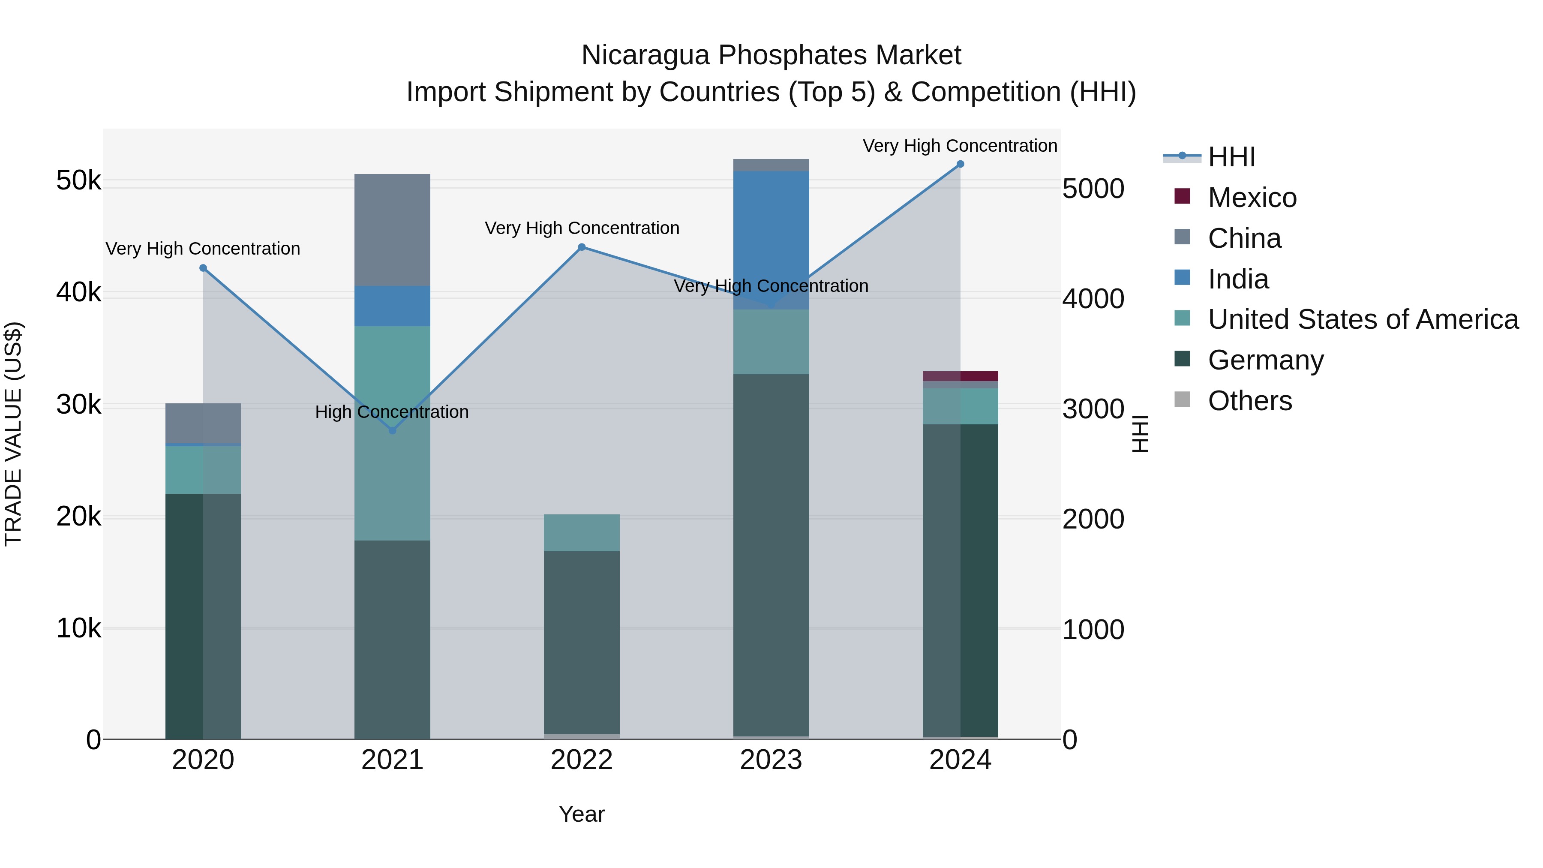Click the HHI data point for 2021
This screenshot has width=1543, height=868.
[392, 430]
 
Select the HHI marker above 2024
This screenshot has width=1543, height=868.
[960, 164]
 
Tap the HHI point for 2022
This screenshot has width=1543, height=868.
[582, 247]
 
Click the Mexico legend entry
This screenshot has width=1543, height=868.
[1252, 198]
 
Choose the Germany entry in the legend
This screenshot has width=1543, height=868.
[1265, 360]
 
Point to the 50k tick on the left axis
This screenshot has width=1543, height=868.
[78, 180]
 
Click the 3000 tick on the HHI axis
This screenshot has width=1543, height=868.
[1093, 409]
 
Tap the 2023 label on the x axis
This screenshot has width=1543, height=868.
[771, 760]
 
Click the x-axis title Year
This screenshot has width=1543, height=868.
[582, 814]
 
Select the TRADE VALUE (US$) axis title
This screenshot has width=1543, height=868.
[14, 434]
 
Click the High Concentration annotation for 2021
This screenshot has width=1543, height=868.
[392, 412]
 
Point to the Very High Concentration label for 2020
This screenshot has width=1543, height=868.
[203, 249]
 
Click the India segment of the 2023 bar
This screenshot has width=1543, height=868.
[771, 240]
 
